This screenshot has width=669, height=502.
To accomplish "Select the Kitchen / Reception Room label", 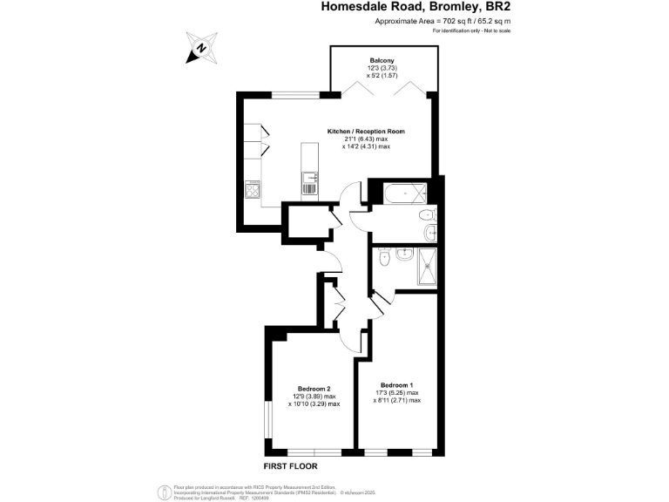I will (366, 132).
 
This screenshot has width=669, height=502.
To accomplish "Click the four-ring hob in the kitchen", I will (253, 188).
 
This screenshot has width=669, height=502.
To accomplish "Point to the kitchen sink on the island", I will (309, 183).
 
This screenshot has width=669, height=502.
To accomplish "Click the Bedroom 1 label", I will (396, 384).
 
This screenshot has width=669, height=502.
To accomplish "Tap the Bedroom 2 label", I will (314, 389).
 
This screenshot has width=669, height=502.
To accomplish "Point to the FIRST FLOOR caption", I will (292, 467).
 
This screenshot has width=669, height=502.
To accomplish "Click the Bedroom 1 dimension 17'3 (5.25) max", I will (400, 392).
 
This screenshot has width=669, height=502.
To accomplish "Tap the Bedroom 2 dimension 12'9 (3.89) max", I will (314, 397).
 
